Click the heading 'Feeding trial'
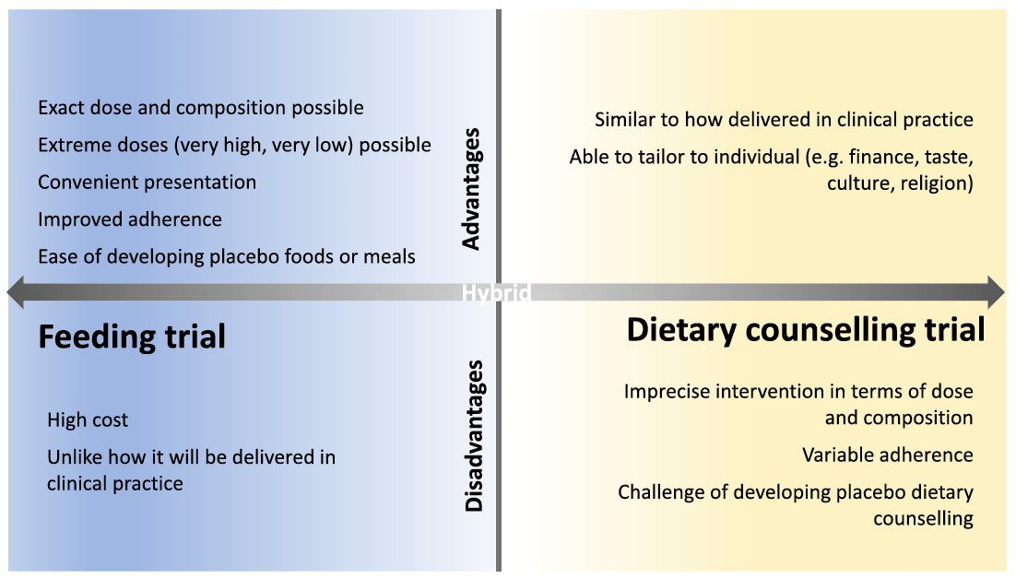click(132, 337)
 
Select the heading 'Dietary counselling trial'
click(806, 329)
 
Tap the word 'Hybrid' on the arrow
click(496, 293)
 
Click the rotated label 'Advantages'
click(471, 189)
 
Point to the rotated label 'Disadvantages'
click(473, 436)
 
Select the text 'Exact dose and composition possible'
click(200, 108)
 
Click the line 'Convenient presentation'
click(147, 182)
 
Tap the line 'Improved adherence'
click(130, 219)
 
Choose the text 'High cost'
click(88, 420)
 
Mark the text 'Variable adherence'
click(887, 455)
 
